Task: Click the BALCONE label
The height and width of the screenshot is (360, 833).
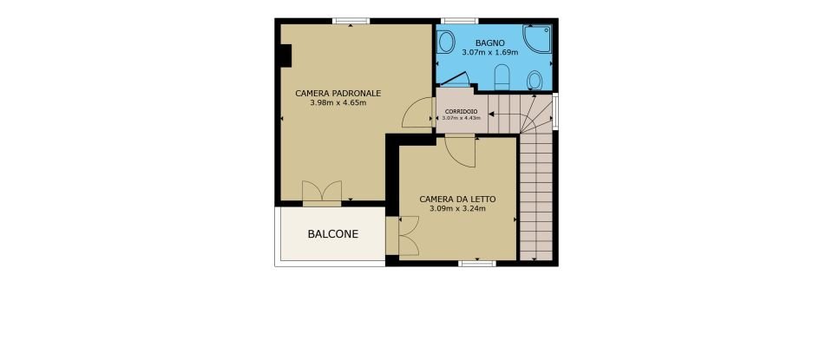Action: pos(333,233)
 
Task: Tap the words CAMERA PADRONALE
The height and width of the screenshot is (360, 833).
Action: pos(338,93)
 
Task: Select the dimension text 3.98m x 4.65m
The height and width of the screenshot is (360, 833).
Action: pos(338,103)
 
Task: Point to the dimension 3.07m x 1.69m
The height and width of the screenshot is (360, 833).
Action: pos(489,53)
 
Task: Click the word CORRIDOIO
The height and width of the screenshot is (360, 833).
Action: pos(460,112)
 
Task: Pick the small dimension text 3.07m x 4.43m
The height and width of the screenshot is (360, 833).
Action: pos(460,118)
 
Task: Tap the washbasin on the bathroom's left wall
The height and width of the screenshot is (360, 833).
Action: pos(446,43)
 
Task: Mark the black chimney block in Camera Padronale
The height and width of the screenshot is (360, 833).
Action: pos(285,55)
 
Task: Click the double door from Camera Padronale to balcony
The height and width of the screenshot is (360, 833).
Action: pos(321,193)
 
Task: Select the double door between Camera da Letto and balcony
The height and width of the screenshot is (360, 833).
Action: pos(404,236)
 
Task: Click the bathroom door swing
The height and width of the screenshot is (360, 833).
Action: pos(456,79)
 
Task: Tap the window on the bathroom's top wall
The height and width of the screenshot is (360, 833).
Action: pos(460,21)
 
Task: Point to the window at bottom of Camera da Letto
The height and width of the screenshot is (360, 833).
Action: pos(476,263)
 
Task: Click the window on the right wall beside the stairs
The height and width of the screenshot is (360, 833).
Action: pos(555,110)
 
